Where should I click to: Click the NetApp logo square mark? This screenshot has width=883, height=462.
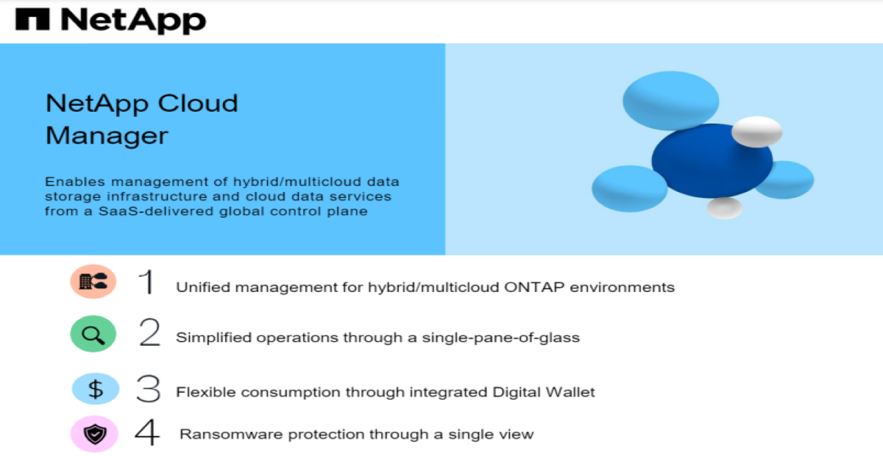pyautogui.click(x=32, y=19)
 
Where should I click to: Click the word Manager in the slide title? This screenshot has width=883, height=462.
pyautogui.click(x=107, y=136)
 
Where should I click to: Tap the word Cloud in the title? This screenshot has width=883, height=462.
pyautogui.click(x=198, y=103)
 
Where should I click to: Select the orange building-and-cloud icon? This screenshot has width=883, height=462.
pyautogui.click(x=93, y=282)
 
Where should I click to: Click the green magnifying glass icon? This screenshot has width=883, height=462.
pyautogui.click(x=93, y=334)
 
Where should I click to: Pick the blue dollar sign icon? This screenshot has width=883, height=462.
pyautogui.click(x=96, y=389)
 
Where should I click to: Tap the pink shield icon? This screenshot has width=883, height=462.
pyautogui.click(x=95, y=434)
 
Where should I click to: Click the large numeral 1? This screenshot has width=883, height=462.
pyautogui.click(x=146, y=282)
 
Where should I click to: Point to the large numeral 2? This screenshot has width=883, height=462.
pyautogui.click(x=149, y=333)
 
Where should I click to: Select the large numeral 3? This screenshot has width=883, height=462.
pyautogui.click(x=148, y=388)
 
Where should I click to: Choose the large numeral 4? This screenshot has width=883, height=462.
pyautogui.click(x=147, y=432)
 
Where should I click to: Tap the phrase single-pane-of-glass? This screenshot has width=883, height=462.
pyautogui.click(x=501, y=338)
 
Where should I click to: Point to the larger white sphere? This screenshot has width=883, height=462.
pyautogui.click(x=757, y=132)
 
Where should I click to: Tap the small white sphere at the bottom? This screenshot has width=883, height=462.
pyautogui.click(x=725, y=208)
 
